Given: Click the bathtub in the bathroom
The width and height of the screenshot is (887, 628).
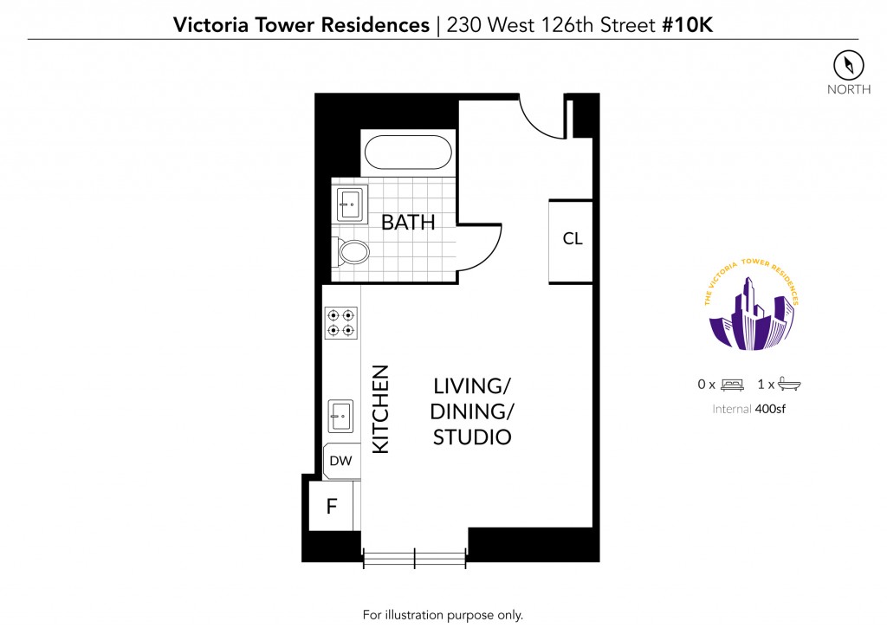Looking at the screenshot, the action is pos(408,152).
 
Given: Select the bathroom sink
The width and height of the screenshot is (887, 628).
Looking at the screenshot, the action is pos(350,204).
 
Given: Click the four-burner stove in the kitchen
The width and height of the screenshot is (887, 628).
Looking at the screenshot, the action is pos(341,323).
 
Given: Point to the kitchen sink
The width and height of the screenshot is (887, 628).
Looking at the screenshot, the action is pos(341,416).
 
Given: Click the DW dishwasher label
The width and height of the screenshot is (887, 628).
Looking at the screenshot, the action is pos(340,461).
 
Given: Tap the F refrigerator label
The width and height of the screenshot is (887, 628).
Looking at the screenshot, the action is pos(332,506).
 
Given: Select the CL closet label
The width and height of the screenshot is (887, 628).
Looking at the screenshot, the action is pos(573,239).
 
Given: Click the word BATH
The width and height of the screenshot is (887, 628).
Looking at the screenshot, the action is pos(409,223).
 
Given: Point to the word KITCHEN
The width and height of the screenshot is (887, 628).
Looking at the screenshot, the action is pos(381,409).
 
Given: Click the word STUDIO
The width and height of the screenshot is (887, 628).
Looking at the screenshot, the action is pos(472,437).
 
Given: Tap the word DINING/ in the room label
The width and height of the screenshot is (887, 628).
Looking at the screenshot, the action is pos(472,411).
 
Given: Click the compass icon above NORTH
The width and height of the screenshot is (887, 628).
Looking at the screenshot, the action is pos(849,65).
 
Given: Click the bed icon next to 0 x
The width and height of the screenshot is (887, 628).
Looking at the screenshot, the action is pos(733,385).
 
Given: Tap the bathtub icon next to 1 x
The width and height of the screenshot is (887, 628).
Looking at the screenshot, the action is pos(789,384).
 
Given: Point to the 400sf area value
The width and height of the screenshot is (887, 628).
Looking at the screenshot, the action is pos(770,409).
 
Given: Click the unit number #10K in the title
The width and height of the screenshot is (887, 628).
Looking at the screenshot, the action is pos(687,25).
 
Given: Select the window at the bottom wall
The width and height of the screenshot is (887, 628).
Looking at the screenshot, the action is pos(415,558).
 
